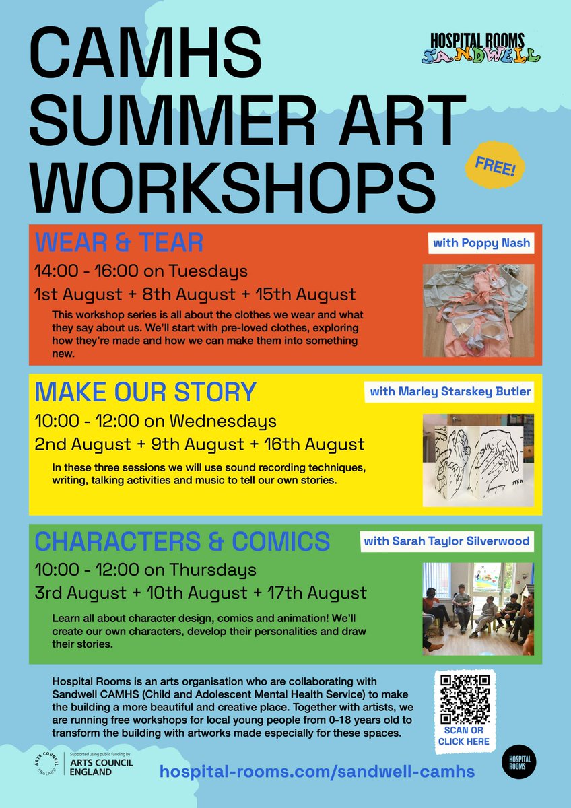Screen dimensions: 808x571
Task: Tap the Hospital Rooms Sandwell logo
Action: pyautogui.click(x=482, y=48)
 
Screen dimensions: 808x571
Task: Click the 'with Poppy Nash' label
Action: pyautogui.click(x=481, y=243)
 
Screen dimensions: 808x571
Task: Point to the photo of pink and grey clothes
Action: pyautogui.click(x=478, y=310)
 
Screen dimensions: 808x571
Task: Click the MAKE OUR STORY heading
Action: pyautogui.click(x=145, y=391)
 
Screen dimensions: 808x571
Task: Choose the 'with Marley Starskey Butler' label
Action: pyautogui.click(x=449, y=392)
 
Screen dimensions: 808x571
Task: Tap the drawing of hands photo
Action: pyautogui.click(x=478, y=460)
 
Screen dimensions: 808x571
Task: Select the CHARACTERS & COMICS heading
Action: pyautogui.click(x=182, y=540)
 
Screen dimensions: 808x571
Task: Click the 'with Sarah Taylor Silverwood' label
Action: pyautogui.click(x=446, y=541)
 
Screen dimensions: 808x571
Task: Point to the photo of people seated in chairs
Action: pyautogui.click(x=478, y=608)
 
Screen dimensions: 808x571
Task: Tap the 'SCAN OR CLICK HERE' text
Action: pyautogui.click(x=464, y=736)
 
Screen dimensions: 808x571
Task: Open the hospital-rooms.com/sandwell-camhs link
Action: pyautogui.click(x=316, y=772)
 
